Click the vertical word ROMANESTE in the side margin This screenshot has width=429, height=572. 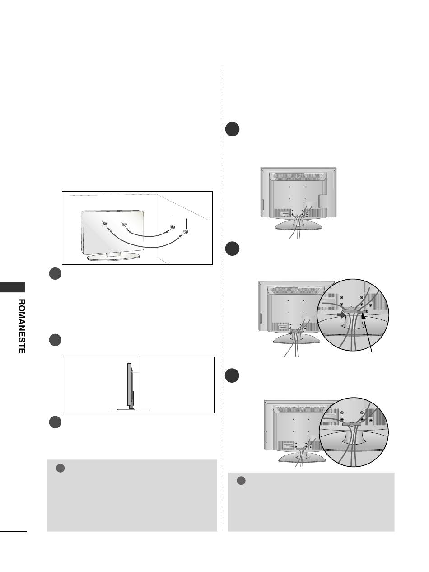pos(21,326)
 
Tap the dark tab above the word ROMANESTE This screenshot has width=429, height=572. pos(13,287)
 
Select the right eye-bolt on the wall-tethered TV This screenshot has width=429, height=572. pos(123,224)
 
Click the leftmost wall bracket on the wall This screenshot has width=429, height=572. pos(172,227)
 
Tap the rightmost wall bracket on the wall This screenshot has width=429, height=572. pos(186,231)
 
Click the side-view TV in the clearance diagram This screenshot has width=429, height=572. pos(130,387)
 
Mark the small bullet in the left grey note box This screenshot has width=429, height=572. pos(61,468)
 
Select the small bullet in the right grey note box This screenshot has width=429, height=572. pos(241,481)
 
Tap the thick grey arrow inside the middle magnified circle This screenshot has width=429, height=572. pos(340,315)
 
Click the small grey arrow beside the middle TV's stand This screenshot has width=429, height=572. pos(291,333)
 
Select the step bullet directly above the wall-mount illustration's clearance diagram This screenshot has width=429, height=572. pos(55,340)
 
